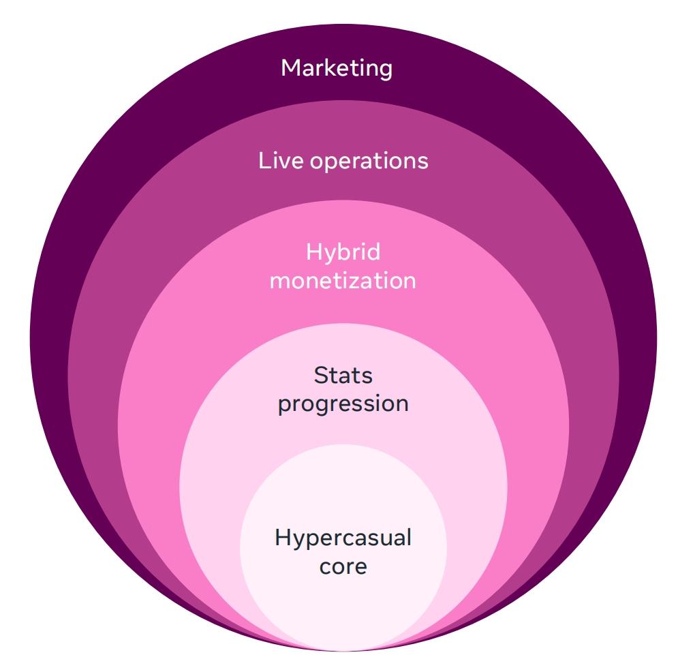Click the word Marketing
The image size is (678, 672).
tap(337, 68)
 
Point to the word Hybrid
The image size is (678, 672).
tap(343, 253)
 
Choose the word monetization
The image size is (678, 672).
tap(343, 281)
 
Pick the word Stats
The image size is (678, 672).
tap(343, 375)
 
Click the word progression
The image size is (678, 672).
tap(343, 403)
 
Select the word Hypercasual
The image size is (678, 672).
tap(343, 538)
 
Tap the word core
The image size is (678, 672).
tap(343, 566)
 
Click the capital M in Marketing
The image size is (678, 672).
tap(292, 68)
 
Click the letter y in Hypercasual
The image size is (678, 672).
tap(298, 540)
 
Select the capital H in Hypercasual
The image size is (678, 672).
tap(283, 538)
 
